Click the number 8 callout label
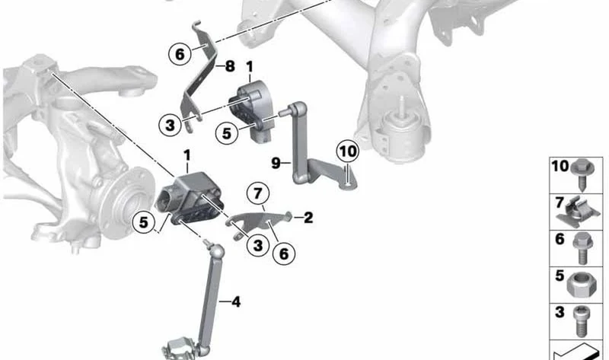click(230, 66)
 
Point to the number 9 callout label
click(276, 163)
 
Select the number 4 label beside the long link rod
click(236, 301)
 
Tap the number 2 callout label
click(308, 218)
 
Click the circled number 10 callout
click(348, 151)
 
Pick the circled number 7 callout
click(258, 193)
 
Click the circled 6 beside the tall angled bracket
click(180, 54)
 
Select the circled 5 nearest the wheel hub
click(144, 222)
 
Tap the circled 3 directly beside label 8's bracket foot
click(170, 126)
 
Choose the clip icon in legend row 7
click(577, 212)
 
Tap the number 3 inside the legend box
click(560, 312)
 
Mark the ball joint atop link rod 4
click(217, 251)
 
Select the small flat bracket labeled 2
click(259, 222)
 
